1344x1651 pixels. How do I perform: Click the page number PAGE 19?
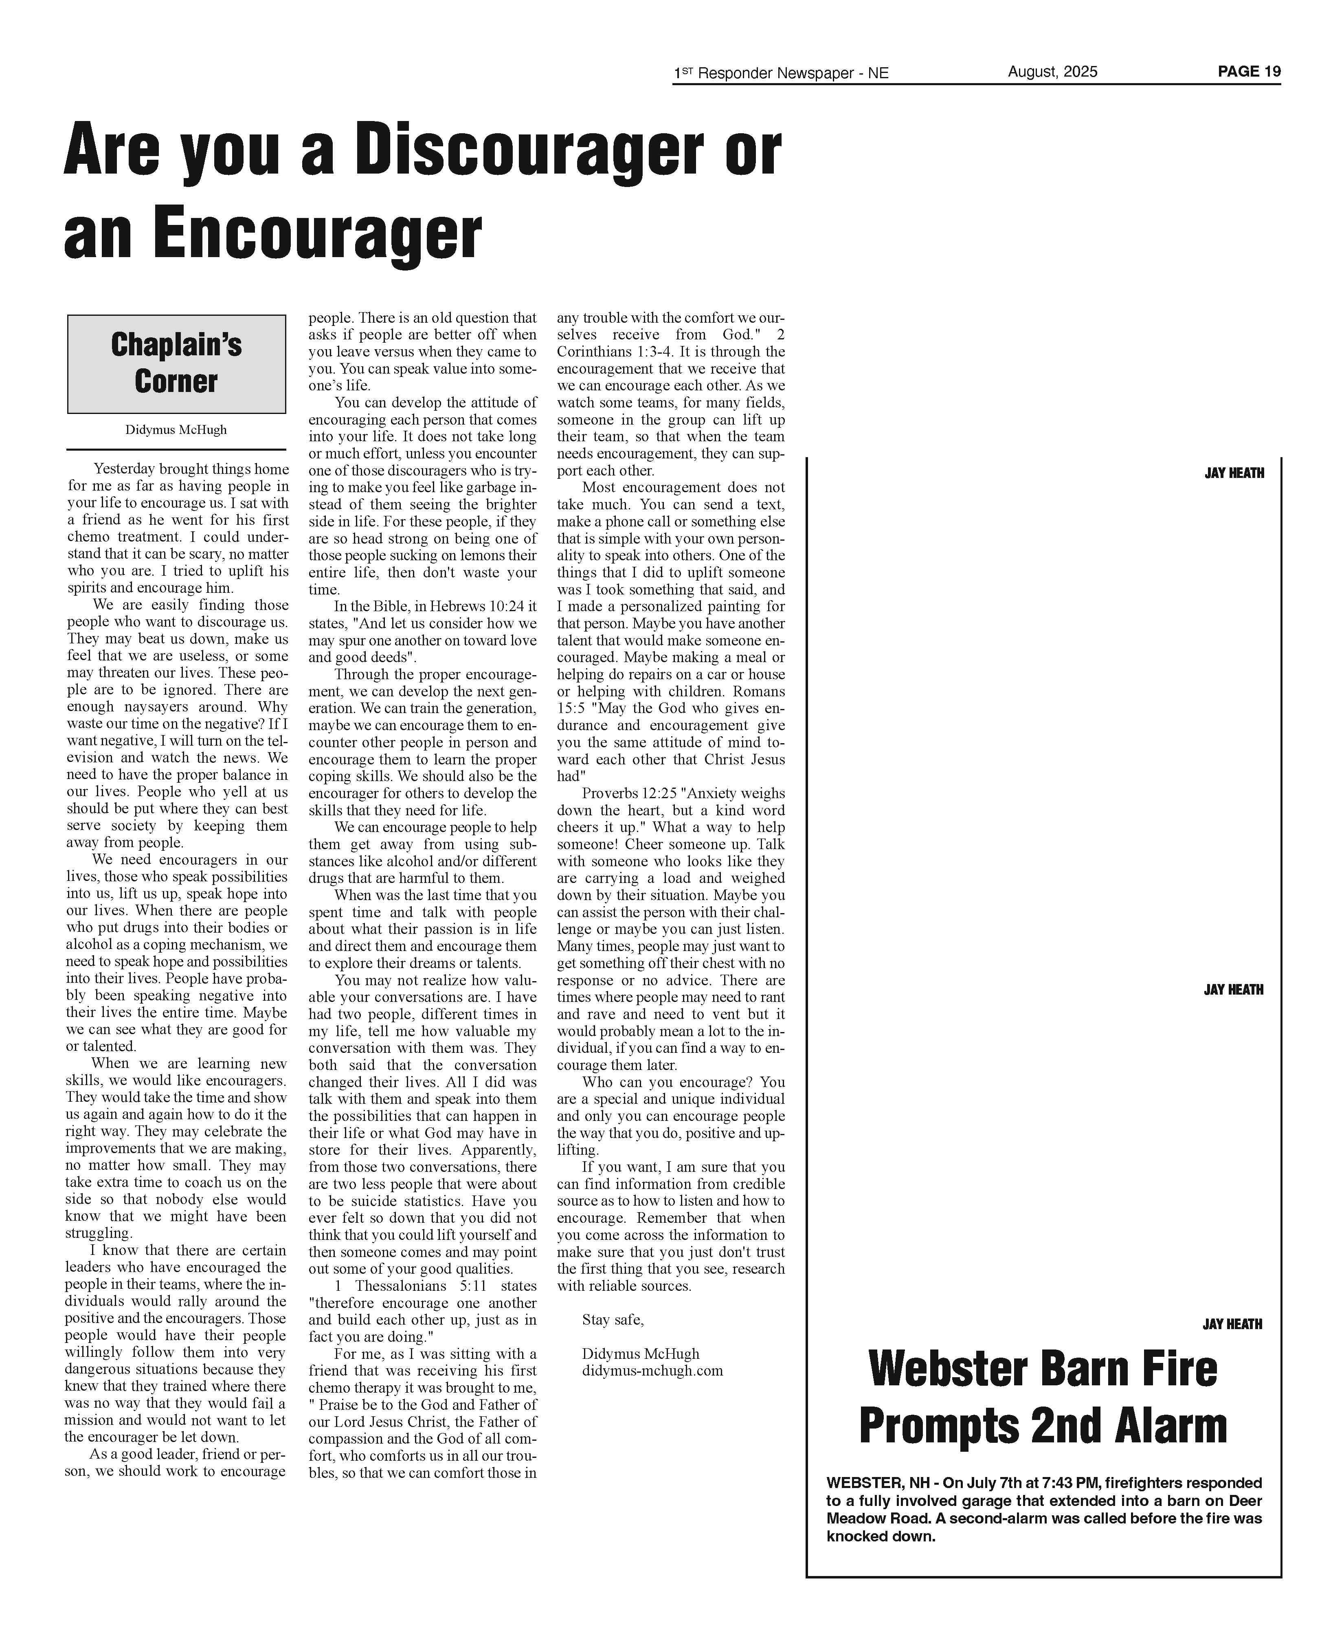point(1249,71)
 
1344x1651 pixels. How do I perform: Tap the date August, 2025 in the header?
point(1052,71)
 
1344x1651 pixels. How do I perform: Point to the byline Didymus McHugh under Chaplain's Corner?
point(176,430)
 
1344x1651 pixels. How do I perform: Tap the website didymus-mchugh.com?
point(652,1371)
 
